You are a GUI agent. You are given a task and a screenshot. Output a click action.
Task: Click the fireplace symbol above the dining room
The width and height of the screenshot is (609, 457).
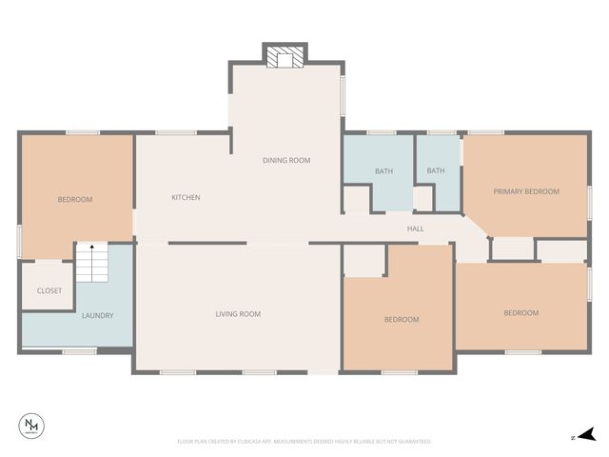285,59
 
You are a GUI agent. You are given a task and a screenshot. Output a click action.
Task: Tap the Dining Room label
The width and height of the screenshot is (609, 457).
286,160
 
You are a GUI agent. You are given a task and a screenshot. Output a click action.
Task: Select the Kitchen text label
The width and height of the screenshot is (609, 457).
186,197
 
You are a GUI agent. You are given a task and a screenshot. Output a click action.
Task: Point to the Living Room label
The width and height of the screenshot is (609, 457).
237,313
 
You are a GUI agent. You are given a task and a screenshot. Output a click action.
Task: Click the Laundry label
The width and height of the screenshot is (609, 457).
97,315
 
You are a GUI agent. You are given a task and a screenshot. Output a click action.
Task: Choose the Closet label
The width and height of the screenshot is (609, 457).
49,290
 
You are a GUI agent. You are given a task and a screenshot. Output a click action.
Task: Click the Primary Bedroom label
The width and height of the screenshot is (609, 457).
525,191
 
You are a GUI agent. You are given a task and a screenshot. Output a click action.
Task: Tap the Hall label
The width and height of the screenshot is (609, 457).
416,228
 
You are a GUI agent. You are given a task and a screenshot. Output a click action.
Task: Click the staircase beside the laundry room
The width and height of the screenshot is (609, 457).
91,264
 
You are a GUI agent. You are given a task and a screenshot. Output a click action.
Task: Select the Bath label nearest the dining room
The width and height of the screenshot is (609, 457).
383,171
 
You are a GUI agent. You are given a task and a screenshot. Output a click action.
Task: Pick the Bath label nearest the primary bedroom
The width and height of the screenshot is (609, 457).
435,171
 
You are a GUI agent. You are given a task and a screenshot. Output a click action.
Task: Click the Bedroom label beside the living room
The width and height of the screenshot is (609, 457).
401,319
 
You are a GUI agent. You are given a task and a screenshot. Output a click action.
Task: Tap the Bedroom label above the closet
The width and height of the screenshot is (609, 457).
75,199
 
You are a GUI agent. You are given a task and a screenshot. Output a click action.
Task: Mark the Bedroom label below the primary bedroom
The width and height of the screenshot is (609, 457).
521,312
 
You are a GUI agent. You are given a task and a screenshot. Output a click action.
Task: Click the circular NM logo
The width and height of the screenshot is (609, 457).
32,426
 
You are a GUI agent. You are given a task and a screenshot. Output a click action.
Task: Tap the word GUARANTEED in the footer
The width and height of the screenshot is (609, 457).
414,442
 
